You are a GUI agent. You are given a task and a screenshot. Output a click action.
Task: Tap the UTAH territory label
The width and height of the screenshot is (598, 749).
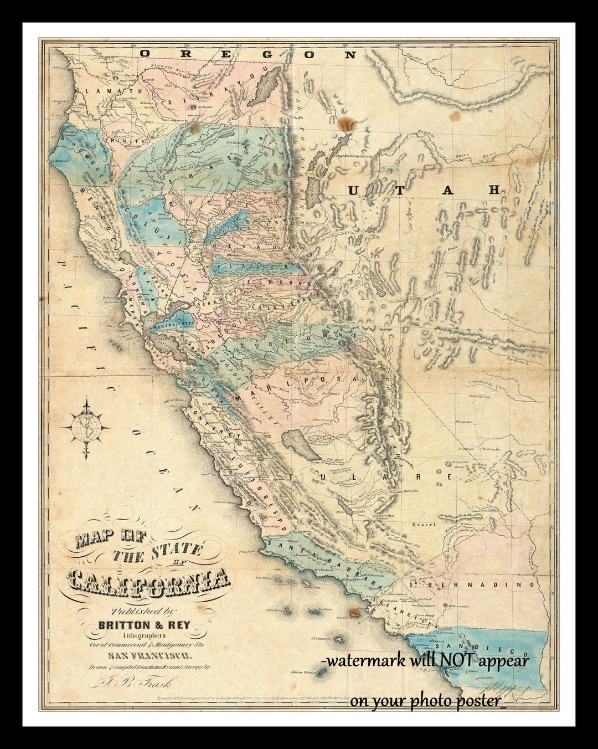424,190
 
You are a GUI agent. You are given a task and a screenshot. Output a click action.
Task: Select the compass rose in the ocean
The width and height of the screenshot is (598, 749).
86,428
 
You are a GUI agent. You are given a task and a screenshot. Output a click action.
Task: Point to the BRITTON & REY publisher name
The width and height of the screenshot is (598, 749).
144,625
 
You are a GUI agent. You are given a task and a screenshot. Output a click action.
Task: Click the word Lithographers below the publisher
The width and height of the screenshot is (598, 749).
144,635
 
